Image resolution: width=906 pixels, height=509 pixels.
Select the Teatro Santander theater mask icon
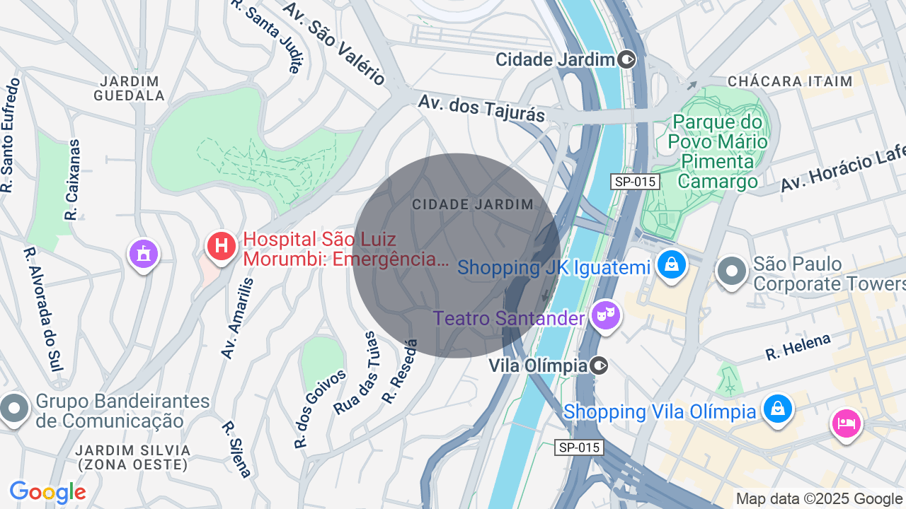607,315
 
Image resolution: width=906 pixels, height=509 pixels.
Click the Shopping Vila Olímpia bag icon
777,409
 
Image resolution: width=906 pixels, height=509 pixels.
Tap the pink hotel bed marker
847,423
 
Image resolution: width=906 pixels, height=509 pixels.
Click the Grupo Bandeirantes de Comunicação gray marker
14,409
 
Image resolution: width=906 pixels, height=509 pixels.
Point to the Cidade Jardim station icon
626,59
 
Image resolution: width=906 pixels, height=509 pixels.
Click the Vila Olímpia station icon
600,365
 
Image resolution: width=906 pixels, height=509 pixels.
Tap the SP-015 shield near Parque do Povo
636,182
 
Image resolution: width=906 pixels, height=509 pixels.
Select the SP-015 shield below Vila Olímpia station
579,447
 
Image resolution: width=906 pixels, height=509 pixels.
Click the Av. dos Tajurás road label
481,108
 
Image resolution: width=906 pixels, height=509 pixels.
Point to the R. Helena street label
798,347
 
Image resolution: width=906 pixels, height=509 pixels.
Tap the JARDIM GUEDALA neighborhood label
130,88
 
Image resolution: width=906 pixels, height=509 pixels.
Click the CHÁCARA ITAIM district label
790,81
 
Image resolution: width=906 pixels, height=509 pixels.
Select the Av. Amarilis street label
236,318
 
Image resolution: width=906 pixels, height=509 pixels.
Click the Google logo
47,493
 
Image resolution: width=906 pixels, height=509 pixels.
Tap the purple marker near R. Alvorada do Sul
144,254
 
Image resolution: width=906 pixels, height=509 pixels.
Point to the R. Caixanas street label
72,180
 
